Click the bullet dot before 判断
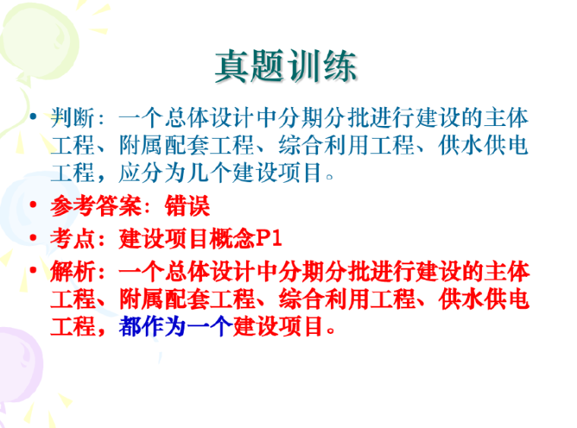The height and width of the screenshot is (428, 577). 31,118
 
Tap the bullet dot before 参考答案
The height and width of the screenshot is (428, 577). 31,206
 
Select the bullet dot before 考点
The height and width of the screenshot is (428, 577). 31,240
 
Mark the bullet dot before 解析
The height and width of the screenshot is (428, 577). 31,272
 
